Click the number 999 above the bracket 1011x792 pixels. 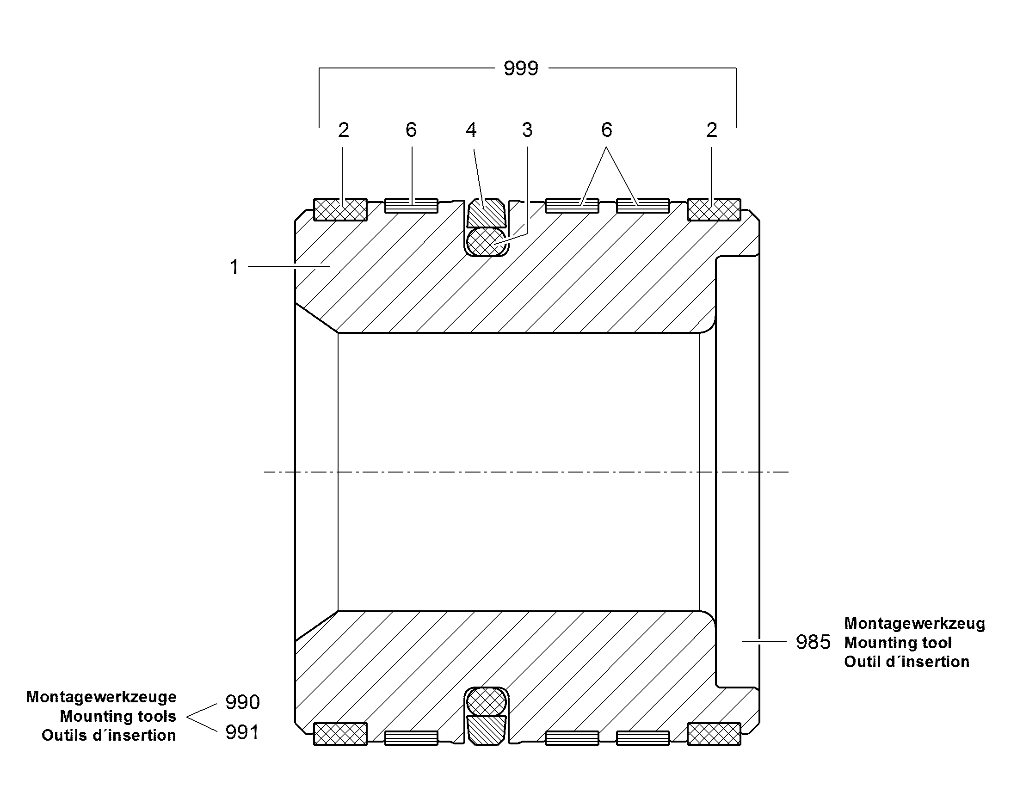point(521,68)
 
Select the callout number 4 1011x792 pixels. point(471,130)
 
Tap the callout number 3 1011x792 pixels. point(527,130)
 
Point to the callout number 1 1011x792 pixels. point(234,267)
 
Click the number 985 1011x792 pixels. point(813,642)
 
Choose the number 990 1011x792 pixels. point(242,702)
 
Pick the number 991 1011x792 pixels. point(242,733)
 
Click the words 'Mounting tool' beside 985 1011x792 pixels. point(897,643)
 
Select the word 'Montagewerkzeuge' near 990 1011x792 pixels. point(101,697)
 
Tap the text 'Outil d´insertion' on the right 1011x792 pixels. point(906,662)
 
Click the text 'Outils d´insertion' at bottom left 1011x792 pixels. point(109,735)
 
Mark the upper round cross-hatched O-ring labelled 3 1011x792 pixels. point(487,242)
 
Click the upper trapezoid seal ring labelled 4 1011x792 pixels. point(487,212)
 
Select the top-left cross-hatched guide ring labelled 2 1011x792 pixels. point(340,209)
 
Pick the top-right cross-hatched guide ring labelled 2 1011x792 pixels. point(714,209)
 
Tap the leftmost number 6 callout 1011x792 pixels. point(411,130)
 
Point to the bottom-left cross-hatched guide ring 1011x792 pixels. point(340,734)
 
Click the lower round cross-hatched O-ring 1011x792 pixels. point(487,701)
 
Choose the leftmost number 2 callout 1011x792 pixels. point(343,130)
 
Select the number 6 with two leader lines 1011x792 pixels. point(607,130)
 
